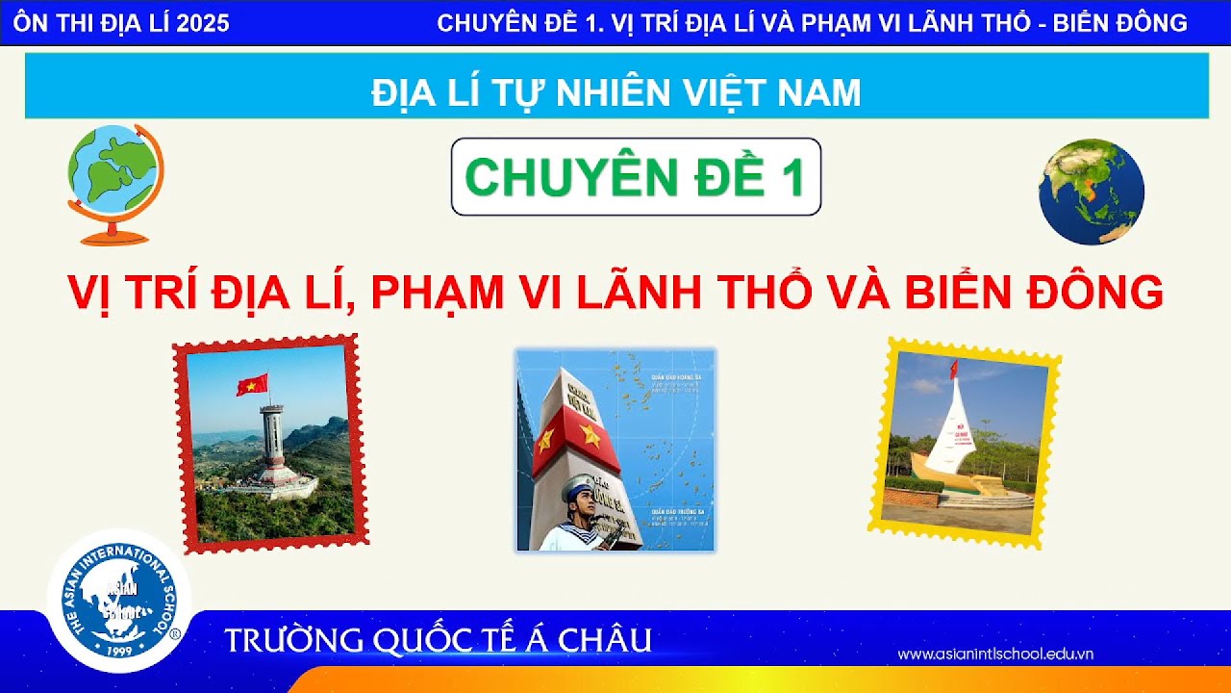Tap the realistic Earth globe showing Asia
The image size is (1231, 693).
(1091, 192)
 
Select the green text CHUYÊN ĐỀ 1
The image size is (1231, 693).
(635, 177)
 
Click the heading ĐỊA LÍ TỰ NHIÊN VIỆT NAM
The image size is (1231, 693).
(615, 92)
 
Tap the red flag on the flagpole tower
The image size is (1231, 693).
(252, 385)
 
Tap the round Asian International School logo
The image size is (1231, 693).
(119, 601)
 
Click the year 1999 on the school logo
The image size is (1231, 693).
(121, 650)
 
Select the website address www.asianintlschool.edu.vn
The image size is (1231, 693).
(995, 654)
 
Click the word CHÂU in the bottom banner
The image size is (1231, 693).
(606, 640)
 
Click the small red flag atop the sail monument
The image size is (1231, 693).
(953, 368)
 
